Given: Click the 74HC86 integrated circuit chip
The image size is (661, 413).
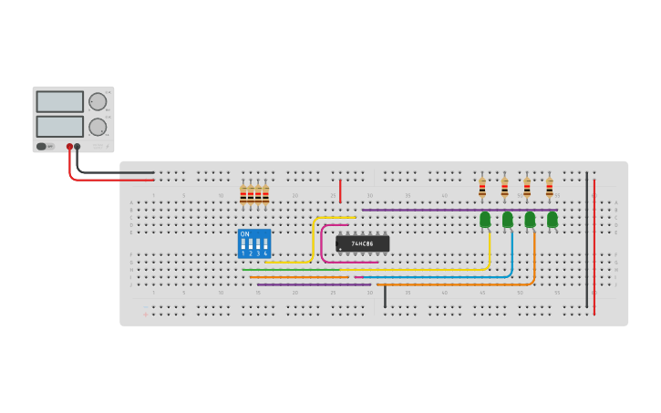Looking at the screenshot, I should pyautogui.click(x=363, y=243).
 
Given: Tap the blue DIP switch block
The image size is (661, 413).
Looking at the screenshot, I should pyautogui.click(x=254, y=243).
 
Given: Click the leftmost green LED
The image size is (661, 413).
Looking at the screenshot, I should pyautogui.click(x=485, y=219).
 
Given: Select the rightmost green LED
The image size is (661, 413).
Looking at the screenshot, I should pyautogui.click(x=553, y=219).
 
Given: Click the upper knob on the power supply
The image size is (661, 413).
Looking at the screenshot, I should pyautogui.click(x=98, y=101).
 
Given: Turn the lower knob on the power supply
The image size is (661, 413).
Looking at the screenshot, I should pyautogui.click(x=98, y=127).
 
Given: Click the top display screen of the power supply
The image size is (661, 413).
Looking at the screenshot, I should pyautogui.click(x=59, y=101).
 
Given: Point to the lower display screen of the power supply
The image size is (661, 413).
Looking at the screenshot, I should pyautogui.click(x=59, y=126).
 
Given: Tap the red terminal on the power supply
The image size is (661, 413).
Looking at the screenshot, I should pyautogui.click(x=69, y=146).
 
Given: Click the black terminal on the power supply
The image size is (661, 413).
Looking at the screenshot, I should pyautogui.click(x=77, y=146).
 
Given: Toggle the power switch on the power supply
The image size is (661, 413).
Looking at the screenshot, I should pyautogui.click(x=42, y=146).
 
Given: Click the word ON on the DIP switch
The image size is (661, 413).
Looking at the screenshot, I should pyautogui.click(x=244, y=234).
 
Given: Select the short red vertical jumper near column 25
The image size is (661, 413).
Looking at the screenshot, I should pyautogui.click(x=340, y=191).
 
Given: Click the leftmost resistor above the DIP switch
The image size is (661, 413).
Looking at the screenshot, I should pyautogui.click(x=243, y=194).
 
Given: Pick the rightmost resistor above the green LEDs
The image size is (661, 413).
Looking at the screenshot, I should pyautogui.click(x=550, y=189).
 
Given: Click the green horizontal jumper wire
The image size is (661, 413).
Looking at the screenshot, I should pyautogui.click(x=292, y=270).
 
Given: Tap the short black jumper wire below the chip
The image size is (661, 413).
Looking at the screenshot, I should pyautogui.click(x=385, y=295).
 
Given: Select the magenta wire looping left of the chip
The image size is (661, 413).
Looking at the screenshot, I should pyautogui.click(x=323, y=244).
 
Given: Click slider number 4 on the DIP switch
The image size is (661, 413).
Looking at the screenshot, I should pyautogui.click(x=265, y=244).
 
